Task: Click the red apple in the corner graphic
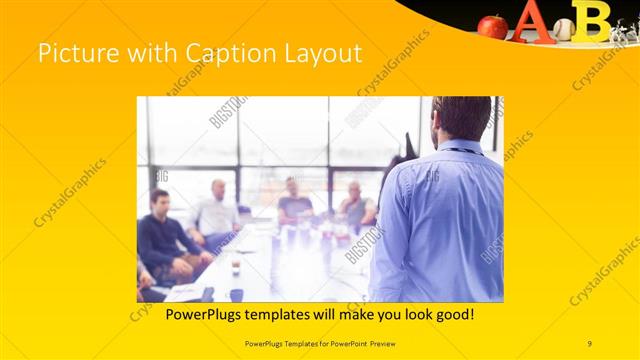click(x=492, y=26)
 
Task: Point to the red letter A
click(x=530, y=22)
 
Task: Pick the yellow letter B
click(x=595, y=20)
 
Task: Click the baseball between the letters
click(x=564, y=29)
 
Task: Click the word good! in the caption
click(x=454, y=314)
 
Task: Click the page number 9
click(x=590, y=344)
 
